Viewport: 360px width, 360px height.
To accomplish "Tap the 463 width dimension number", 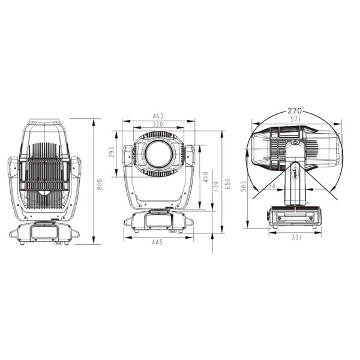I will click(158, 116).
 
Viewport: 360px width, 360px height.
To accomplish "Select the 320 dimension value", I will click(158, 124).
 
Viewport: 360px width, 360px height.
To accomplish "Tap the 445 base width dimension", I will click(158, 242).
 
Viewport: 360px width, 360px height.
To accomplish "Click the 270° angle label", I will click(295, 110).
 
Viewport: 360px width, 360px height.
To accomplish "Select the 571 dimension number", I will click(295, 119).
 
